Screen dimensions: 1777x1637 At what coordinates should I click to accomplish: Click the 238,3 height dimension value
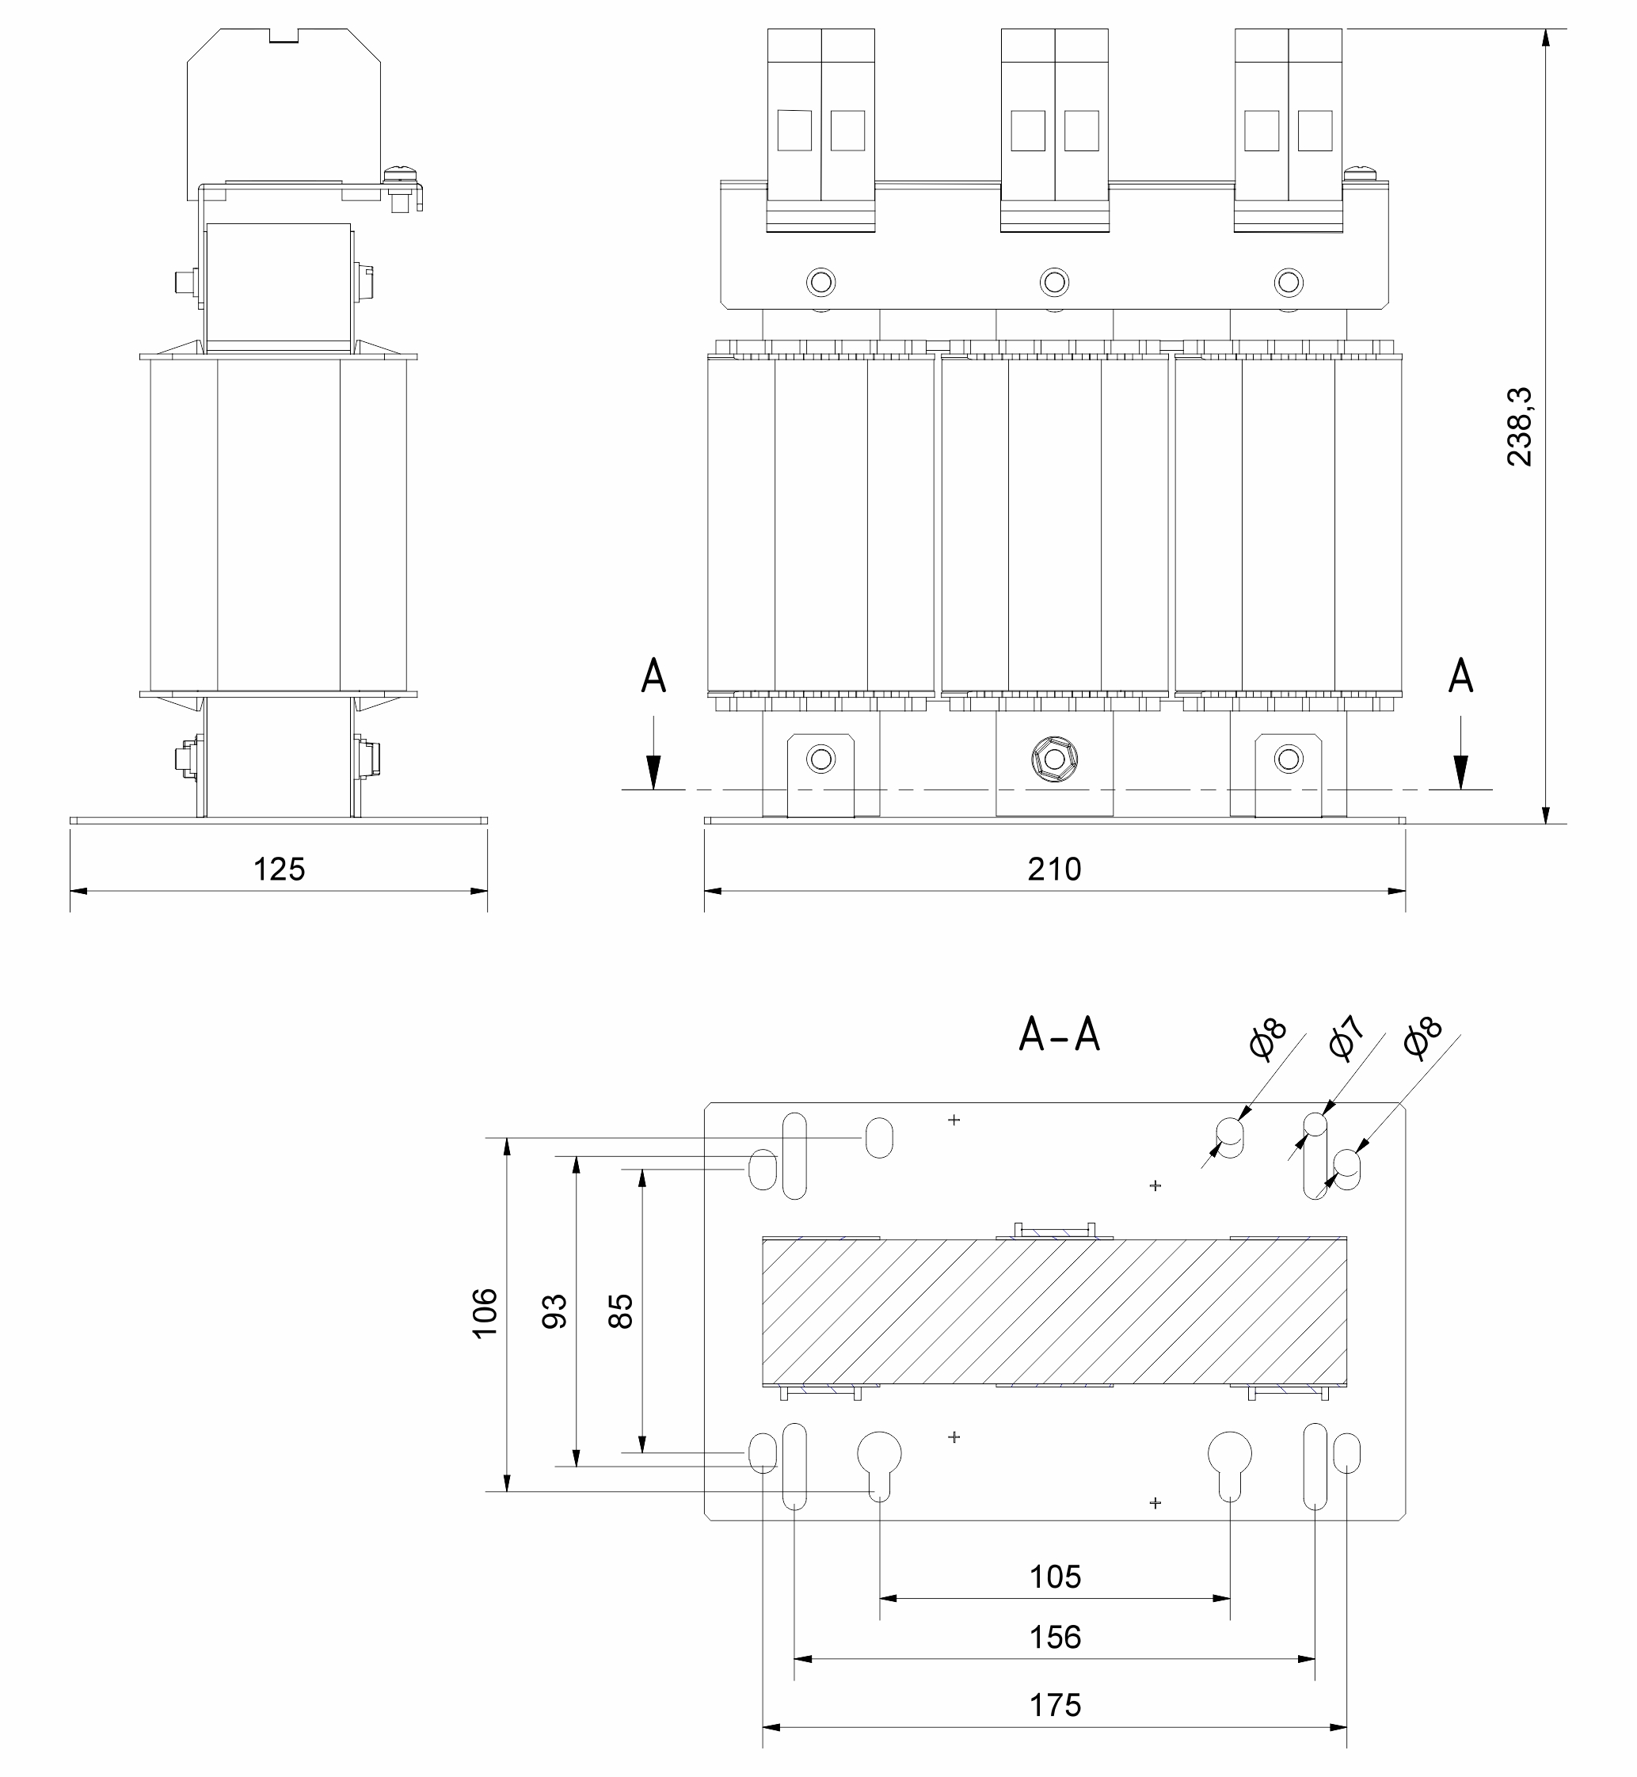point(1519,426)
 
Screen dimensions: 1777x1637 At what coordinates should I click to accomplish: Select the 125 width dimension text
point(279,869)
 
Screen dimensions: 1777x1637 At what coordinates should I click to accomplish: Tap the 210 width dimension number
point(1054,869)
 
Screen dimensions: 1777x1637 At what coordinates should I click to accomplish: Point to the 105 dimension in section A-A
point(1055,1576)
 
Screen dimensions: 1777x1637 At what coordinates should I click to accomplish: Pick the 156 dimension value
point(1055,1636)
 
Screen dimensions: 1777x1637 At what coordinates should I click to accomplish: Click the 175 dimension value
point(1055,1704)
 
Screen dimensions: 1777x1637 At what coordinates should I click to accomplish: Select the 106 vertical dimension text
point(485,1313)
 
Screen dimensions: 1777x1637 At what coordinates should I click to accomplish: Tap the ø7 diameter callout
point(1346,1039)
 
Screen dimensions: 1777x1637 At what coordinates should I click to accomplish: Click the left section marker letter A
point(653,676)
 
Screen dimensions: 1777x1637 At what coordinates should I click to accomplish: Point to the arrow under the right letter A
point(1460,762)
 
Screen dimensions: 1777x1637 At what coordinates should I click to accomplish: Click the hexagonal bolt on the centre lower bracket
point(1053,759)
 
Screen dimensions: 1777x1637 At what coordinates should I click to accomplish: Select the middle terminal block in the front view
point(1054,130)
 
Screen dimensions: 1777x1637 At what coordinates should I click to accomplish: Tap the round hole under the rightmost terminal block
point(1288,283)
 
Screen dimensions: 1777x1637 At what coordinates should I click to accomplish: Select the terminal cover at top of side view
point(284,111)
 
